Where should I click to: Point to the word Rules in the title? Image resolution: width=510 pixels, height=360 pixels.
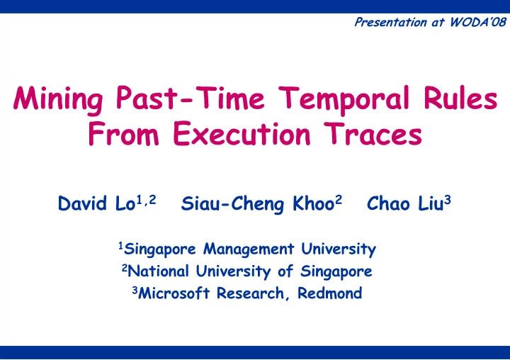click(x=460, y=97)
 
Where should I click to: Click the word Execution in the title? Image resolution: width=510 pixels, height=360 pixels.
click(x=242, y=133)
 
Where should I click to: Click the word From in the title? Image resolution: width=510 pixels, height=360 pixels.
click(x=123, y=133)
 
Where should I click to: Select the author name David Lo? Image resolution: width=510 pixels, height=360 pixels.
click(x=96, y=203)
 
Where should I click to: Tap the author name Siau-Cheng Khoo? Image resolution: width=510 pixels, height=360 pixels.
click(x=258, y=204)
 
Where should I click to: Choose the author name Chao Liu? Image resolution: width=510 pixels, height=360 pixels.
click(x=405, y=203)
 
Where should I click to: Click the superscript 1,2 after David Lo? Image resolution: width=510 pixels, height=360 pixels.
click(x=146, y=200)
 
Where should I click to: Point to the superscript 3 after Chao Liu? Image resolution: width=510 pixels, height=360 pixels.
click(x=448, y=199)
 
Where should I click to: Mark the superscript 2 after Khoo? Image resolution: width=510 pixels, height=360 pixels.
click(x=339, y=199)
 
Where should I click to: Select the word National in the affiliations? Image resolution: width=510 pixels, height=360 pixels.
click(x=158, y=271)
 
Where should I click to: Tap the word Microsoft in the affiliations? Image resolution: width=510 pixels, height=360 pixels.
click(x=174, y=293)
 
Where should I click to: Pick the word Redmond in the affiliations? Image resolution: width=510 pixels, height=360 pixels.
click(x=330, y=293)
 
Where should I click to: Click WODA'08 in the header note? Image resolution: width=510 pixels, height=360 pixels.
click(x=478, y=22)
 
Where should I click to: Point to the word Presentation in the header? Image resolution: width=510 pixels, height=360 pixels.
click(x=390, y=22)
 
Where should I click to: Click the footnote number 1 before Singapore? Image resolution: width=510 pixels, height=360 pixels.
click(x=120, y=245)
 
